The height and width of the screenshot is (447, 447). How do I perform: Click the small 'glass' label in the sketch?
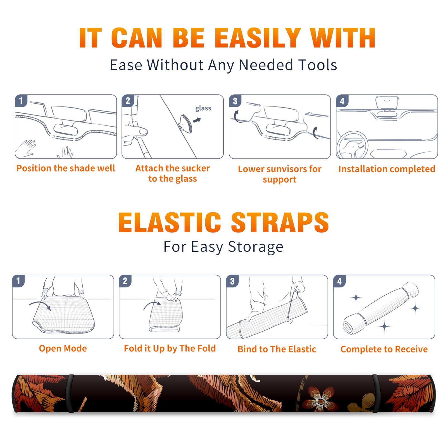(x=203, y=108)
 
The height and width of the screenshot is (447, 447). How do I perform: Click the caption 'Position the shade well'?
(x=66, y=168)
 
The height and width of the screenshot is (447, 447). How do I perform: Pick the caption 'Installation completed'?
(x=387, y=169)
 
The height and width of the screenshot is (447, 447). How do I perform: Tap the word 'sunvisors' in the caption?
(x=286, y=169)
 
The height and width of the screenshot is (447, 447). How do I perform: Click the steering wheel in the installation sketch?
(x=352, y=145)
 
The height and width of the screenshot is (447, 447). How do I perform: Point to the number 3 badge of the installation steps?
(x=235, y=101)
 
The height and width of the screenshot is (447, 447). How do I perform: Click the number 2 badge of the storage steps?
(x=125, y=281)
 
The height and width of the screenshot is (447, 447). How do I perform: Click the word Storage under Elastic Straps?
(x=256, y=247)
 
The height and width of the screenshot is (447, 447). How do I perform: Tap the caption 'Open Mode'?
(x=63, y=348)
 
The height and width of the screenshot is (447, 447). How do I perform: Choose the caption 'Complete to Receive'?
(x=384, y=349)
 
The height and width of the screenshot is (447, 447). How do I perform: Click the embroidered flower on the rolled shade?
(x=319, y=398)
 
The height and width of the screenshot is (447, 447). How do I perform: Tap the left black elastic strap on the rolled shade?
(x=70, y=394)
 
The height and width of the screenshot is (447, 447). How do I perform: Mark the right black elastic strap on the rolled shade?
(x=376, y=394)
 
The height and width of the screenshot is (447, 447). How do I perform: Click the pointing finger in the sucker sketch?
(x=137, y=131)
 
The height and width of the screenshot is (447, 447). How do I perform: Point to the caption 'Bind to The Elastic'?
(x=277, y=349)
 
